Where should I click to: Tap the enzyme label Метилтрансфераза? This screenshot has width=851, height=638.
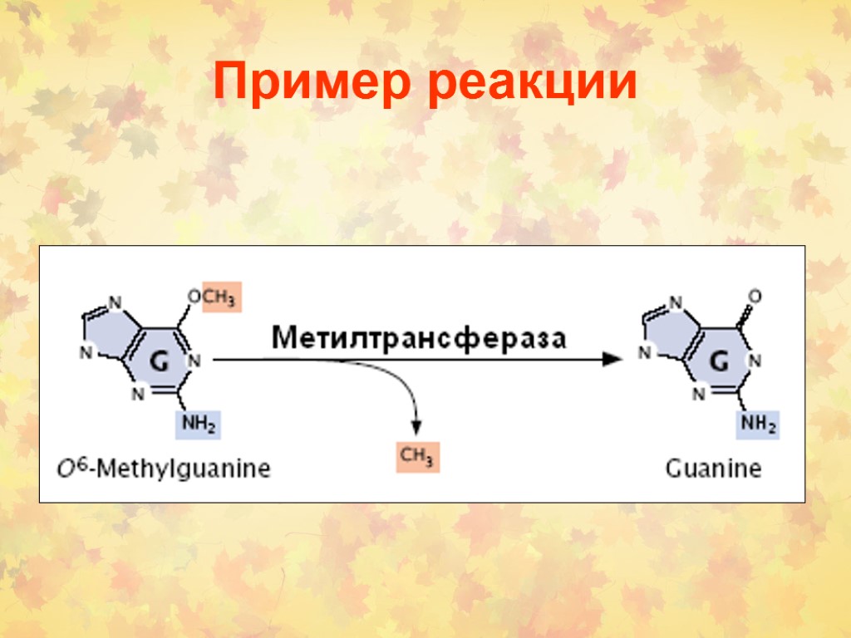click(420, 337)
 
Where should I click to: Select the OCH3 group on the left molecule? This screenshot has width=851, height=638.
click(214, 297)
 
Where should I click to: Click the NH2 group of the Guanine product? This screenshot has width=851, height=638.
click(758, 426)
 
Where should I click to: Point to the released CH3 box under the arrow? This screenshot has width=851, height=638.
click(417, 458)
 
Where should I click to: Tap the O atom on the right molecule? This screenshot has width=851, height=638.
click(755, 295)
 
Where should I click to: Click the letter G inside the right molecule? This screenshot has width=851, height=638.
click(720, 362)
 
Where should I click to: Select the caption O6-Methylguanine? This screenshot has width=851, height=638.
click(163, 469)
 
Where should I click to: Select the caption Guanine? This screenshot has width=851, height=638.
click(713, 469)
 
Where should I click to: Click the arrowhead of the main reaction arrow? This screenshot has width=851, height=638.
click(612, 360)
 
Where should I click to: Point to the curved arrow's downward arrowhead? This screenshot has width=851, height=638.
click(417, 426)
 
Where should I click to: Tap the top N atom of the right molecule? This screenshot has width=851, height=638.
click(676, 301)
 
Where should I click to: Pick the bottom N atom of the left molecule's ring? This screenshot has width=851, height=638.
click(138, 395)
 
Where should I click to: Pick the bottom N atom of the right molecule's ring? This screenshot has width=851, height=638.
click(698, 395)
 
